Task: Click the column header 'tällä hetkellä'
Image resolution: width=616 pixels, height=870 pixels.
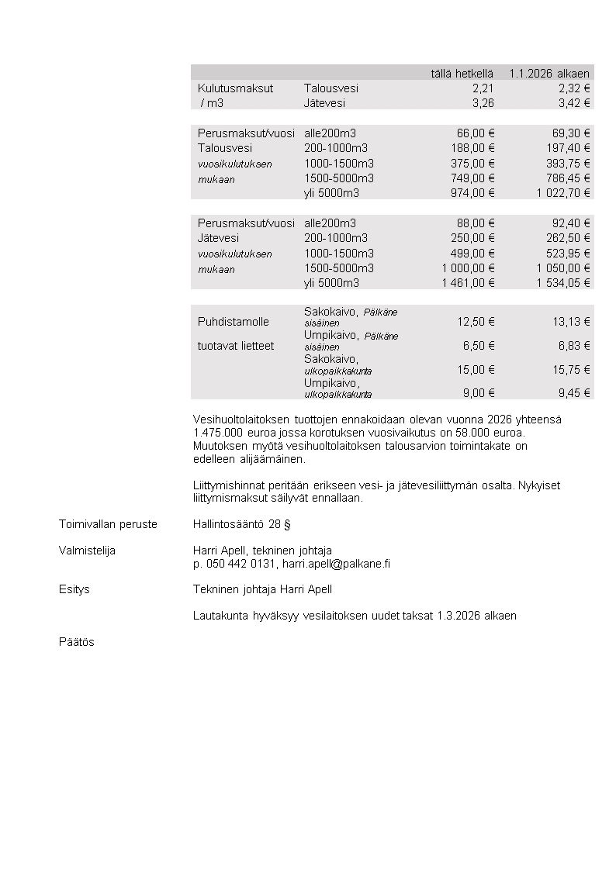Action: click(x=462, y=73)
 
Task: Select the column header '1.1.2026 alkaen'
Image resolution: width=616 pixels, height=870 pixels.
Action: click(x=549, y=73)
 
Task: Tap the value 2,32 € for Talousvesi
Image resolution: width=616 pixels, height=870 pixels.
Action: click(x=574, y=88)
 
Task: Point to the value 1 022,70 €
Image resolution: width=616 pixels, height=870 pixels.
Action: click(x=562, y=192)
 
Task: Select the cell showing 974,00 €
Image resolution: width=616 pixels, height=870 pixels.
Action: click(x=472, y=192)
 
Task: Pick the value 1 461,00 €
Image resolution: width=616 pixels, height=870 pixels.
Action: click(x=468, y=283)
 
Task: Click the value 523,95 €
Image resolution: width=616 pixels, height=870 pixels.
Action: click(x=568, y=253)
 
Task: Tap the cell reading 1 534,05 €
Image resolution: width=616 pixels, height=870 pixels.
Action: click(x=562, y=283)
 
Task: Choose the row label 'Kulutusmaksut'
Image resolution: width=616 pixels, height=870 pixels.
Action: click(x=235, y=88)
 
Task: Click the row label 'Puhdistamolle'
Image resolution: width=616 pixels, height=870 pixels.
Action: click(x=234, y=322)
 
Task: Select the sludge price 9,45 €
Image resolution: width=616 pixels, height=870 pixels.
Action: click(x=573, y=393)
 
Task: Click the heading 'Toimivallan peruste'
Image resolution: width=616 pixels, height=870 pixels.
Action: click(x=108, y=524)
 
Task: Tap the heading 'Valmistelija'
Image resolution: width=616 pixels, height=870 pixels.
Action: click(x=87, y=550)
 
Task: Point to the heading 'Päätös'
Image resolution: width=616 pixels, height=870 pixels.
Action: click(x=77, y=642)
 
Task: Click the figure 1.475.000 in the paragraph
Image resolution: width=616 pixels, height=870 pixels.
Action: click(x=220, y=432)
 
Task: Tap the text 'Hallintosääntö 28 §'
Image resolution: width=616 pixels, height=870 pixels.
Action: click(x=241, y=524)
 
